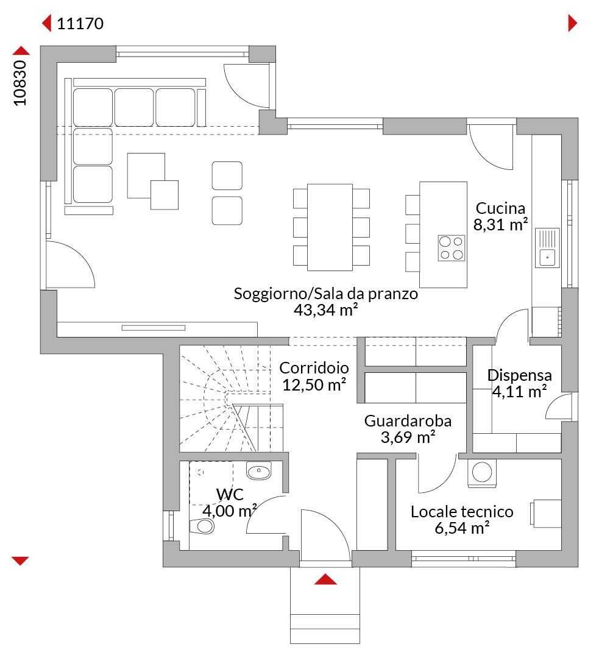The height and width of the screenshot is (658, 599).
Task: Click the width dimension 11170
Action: click(x=80, y=24)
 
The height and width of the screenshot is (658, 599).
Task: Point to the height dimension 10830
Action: click(x=19, y=83)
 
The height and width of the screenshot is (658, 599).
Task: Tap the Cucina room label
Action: click(x=500, y=208)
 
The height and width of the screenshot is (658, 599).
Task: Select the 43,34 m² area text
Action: click(x=326, y=310)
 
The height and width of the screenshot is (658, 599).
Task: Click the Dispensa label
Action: click(x=519, y=375)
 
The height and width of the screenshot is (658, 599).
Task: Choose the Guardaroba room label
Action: click(x=408, y=420)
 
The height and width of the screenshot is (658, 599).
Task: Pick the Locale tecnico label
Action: click(x=462, y=512)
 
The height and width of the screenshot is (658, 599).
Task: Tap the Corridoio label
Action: click(x=314, y=367)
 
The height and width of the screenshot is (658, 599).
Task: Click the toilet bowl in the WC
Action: click(x=202, y=526)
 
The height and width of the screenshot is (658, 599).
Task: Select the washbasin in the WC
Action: click(x=259, y=471)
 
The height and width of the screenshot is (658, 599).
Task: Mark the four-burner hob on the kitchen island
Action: click(x=452, y=248)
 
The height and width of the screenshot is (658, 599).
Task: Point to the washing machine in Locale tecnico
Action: click(x=482, y=473)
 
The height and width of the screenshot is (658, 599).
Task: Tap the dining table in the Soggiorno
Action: click(x=330, y=227)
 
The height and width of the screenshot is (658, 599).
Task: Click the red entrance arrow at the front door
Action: click(x=326, y=579)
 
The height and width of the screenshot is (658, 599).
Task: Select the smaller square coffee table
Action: click(x=165, y=195)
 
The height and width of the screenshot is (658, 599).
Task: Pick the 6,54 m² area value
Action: click(x=462, y=528)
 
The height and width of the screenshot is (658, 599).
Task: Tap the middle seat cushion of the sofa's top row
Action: click(x=134, y=107)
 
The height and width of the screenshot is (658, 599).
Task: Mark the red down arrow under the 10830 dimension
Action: click(x=20, y=561)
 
